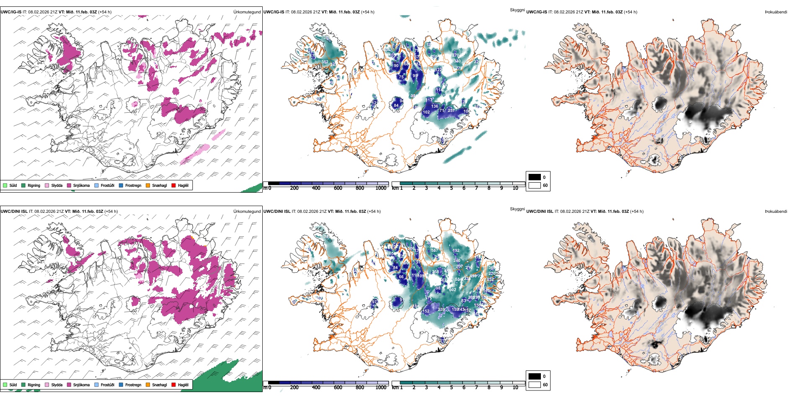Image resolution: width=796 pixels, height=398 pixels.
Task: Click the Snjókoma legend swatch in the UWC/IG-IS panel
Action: tap(69, 185)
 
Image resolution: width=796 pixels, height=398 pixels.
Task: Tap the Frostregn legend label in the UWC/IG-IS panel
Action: tap(133, 185)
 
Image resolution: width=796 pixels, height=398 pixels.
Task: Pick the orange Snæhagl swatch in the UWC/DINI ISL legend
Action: tap(148, 385)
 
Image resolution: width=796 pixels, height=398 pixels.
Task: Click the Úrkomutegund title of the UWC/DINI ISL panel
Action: tap(247, 211)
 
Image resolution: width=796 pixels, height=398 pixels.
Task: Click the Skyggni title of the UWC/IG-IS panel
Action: tap(517, 10)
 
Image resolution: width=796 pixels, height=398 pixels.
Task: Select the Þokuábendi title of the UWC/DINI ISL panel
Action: tap(776, 211)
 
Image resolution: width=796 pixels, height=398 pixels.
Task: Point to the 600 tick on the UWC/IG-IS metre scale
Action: tap(338, 188)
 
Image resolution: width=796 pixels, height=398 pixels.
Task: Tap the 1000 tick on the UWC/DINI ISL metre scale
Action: tap(381, 388)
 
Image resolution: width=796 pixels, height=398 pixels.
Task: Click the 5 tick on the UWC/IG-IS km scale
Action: tap(451, 188)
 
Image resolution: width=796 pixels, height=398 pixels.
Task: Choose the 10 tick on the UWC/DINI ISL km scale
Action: tap(515, 388)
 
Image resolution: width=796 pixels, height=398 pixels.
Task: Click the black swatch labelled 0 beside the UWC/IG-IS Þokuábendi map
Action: tap(535, 177)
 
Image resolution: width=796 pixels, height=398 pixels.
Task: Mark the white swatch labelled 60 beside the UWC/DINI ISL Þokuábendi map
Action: tap(535, 385)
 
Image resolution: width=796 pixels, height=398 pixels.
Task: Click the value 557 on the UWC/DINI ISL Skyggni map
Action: tap(434, 251)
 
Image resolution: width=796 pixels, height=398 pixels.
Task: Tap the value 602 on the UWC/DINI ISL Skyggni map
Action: tap(452, 290)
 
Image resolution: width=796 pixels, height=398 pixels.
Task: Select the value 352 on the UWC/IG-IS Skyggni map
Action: tap(325, 62)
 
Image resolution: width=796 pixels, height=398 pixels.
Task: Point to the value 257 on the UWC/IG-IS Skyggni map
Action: tap(451, 111)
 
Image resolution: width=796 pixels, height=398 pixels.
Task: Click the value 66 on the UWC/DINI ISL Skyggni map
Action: tap(401, 277)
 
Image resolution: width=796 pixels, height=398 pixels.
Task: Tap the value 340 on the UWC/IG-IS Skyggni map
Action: tap(457, 61)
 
